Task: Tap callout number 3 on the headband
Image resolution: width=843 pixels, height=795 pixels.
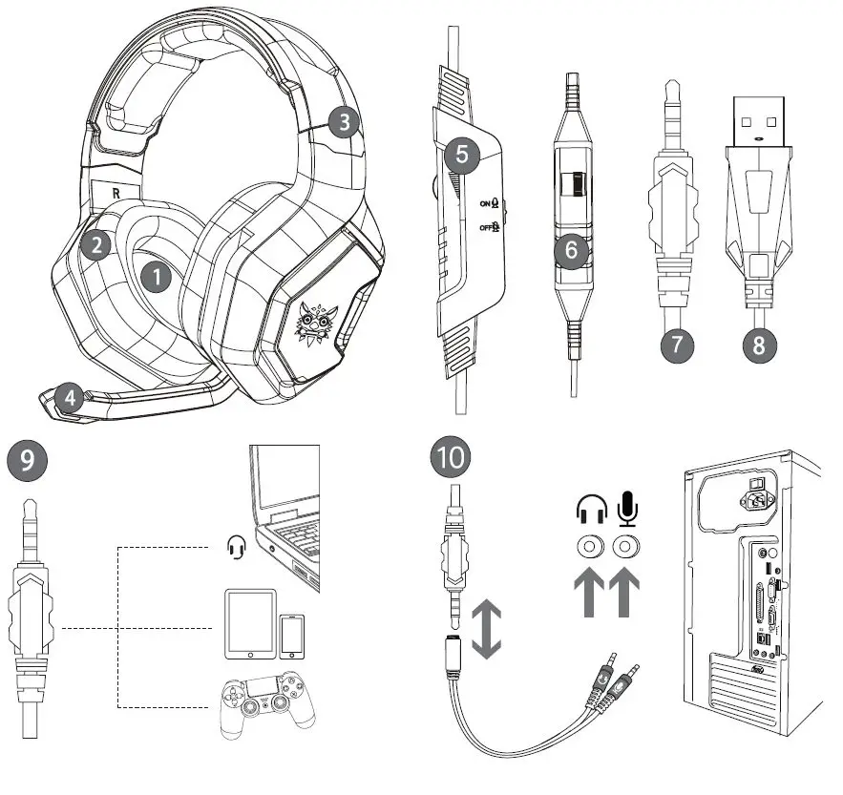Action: point(344,121)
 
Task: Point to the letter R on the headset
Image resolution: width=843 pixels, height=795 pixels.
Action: point(116,191)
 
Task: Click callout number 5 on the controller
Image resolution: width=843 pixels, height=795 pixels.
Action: point(461,157)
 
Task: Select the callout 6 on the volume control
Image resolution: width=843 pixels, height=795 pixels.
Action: point(571,250)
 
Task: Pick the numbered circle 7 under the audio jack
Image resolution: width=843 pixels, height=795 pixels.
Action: point(676,344)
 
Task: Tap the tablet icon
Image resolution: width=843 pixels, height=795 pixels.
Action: point(249,624)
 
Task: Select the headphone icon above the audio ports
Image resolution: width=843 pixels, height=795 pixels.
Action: point(591,511)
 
